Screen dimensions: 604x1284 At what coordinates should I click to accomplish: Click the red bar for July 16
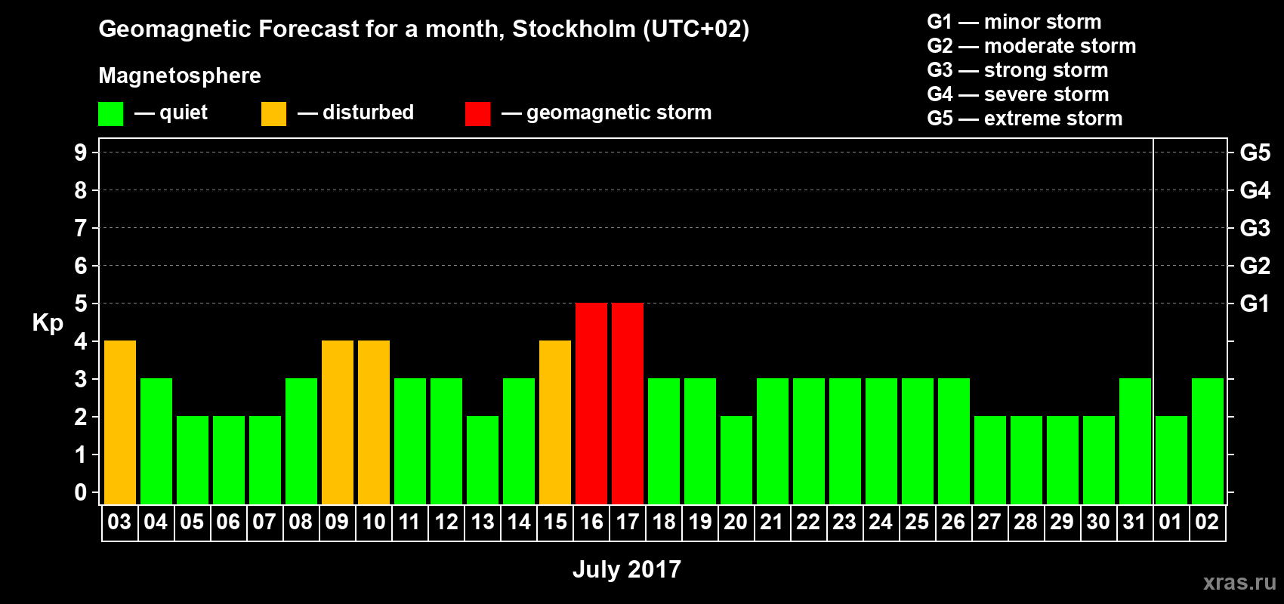591,403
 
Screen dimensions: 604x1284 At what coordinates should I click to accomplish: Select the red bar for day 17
628,403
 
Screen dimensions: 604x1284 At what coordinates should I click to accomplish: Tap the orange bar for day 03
120,422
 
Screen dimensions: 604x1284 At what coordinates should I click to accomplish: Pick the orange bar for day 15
555,422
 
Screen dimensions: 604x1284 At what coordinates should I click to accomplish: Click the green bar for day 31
1135,441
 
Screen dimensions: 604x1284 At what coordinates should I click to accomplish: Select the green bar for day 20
736,460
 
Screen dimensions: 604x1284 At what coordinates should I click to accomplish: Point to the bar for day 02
1208,441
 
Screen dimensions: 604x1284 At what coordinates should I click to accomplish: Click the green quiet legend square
111,114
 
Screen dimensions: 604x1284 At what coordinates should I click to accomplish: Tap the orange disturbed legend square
273,114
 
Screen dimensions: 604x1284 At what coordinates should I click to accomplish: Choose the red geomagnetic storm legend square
477,114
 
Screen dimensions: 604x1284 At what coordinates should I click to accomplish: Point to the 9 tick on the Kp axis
81,153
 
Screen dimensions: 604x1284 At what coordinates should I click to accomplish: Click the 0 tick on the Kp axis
81,493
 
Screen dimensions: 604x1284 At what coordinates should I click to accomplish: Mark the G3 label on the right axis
1255,228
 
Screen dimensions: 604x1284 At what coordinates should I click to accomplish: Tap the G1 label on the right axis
1255,304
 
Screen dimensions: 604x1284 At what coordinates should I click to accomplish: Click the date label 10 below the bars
374,522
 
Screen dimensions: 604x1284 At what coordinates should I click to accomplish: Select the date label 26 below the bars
953,522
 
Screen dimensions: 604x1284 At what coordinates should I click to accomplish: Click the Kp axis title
48,322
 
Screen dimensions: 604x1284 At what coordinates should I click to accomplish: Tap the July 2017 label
627,569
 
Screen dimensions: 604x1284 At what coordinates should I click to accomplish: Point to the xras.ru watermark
1239,581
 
